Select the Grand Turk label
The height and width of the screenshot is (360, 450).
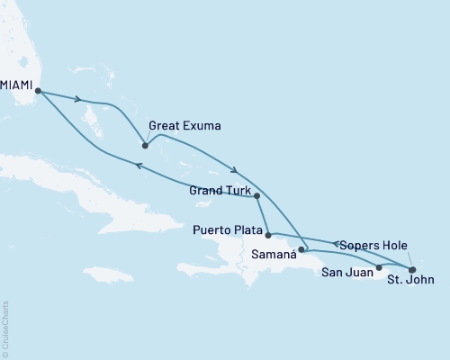point(220,190)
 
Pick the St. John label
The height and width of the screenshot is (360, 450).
point(411,280)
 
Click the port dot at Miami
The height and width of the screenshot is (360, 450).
point(37,90)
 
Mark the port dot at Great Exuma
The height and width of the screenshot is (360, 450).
point(145,145)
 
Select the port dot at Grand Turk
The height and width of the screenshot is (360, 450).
point(257,195)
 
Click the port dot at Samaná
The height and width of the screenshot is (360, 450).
point(301,249)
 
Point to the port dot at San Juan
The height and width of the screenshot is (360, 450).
point(379,267)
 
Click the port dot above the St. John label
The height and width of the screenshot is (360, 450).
point(412,268)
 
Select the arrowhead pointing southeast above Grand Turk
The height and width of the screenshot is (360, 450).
point(234,170)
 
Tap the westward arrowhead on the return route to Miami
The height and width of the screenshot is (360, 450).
point(138,165)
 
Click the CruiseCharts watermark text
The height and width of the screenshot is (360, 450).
point(5,329)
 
